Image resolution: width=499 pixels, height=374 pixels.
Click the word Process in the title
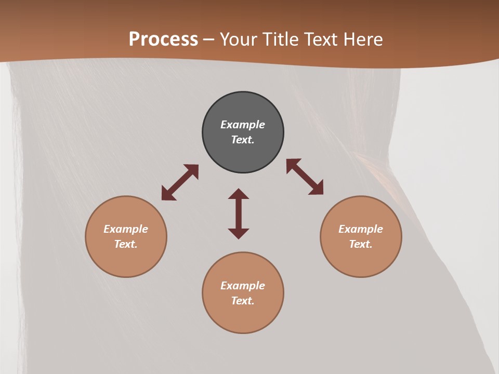pos(163,39)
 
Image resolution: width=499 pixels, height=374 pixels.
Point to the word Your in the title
pos(240,39)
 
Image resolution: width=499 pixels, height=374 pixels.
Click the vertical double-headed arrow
pos(239,213)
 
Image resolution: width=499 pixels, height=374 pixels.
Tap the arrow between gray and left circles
pos(180,182)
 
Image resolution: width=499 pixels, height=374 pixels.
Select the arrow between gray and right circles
pos(305,177)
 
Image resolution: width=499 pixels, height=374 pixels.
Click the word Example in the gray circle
pos(243,125)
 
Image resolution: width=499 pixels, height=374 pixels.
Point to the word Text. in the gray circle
pos(243,140)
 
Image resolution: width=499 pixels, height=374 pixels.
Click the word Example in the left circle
pos(126,229)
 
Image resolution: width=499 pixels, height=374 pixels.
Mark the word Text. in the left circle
pos(126,244)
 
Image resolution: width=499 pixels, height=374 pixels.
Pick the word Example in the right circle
pos(361,229)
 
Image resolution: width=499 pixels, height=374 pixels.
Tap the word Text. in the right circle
pos(361,244)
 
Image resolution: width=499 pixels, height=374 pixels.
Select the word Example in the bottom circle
pos(243,286)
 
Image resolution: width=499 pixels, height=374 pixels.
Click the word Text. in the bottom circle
pos(243,301)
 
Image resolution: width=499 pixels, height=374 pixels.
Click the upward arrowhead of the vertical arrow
pos(239,194)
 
